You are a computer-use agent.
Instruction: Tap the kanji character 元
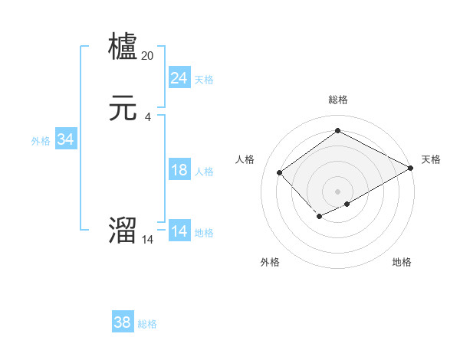click(123, 109)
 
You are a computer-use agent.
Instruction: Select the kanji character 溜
click(123, 231)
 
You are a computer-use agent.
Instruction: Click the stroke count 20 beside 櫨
click(148, 55)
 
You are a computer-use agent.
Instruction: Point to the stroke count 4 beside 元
click(148, 116)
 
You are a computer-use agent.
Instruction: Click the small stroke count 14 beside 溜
click(148, 240)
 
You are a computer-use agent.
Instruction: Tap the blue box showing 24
click(179, 78)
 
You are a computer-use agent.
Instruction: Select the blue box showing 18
click(179, 170)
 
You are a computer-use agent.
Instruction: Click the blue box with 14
click(179, 231)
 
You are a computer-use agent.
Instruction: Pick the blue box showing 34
click(65, 139)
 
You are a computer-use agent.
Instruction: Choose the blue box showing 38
click(122, 323)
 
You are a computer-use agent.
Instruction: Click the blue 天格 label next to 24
click(204, 80)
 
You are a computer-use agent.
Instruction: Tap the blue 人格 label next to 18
click(204, 172)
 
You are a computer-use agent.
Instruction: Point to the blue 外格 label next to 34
click(41, 141)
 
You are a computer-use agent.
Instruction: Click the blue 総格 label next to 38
click(147, 325)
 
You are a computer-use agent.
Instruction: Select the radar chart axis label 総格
click(337, 100)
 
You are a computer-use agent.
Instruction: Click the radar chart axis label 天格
click(431, 159)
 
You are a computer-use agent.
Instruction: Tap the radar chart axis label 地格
click(402, 262)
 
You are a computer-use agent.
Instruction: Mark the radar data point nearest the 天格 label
click(411, 169)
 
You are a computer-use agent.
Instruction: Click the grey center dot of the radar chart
click(337, 191)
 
